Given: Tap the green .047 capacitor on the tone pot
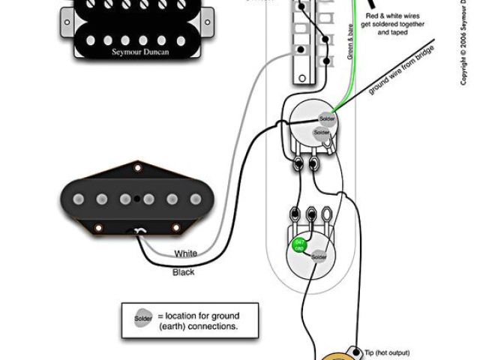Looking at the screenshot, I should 299,245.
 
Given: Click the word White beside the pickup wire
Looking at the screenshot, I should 185,253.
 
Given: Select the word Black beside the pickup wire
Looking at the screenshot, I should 184,271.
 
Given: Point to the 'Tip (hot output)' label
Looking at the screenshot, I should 388,351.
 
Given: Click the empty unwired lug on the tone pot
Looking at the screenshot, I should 326,214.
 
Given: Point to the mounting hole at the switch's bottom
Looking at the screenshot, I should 301,75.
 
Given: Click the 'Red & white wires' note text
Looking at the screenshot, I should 394,15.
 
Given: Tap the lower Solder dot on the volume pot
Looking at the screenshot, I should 322,133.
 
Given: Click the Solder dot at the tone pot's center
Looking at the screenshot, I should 319,257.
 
